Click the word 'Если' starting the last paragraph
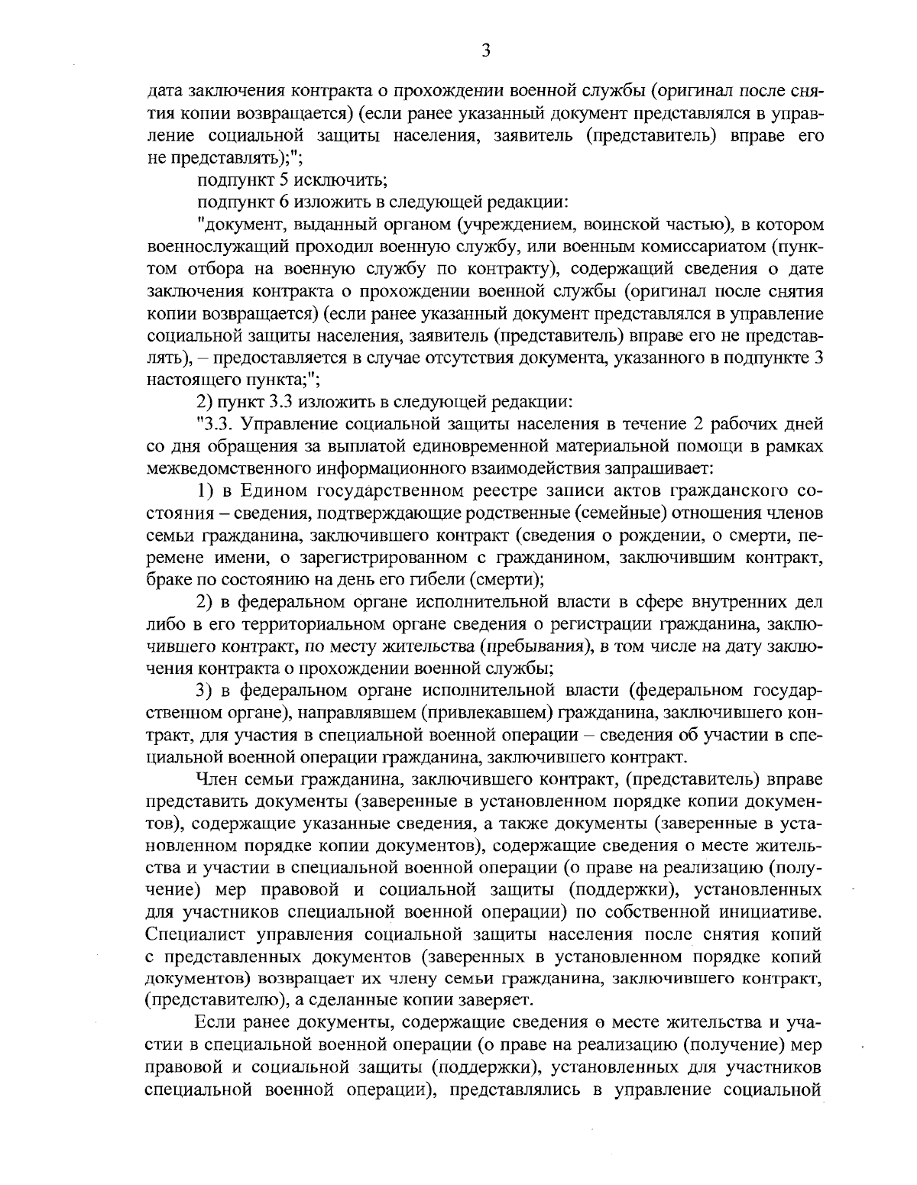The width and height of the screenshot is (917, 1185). tap(216, 1023)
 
